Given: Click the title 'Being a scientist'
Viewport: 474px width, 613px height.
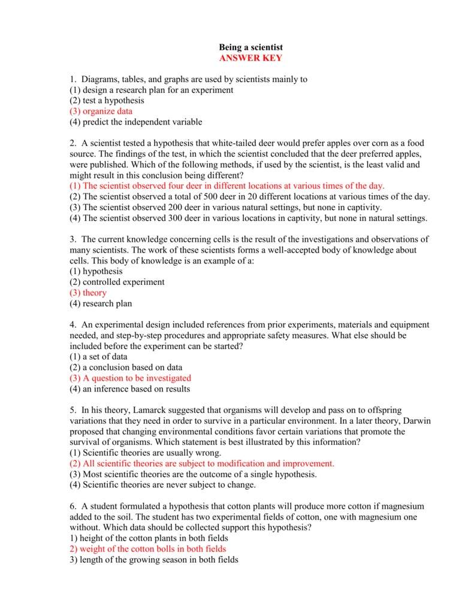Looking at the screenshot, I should (x=250, y=47).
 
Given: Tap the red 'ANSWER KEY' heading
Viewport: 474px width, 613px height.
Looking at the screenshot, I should (x=250, y=58).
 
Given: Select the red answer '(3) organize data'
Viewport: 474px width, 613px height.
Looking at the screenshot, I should (x=101, y=111).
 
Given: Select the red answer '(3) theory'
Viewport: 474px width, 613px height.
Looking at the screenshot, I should (x=88, y=293).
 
